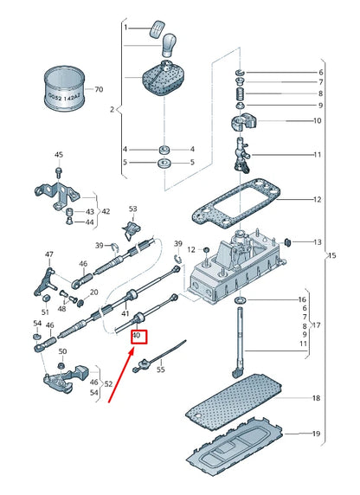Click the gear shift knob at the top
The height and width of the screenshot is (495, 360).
169,45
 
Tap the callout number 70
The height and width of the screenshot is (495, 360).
99,89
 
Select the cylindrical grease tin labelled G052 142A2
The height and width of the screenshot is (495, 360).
65,89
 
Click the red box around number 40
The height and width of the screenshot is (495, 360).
139,337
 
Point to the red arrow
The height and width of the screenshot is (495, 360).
122,375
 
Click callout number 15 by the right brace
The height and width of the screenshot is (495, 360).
332,255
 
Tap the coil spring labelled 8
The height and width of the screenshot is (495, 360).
241,93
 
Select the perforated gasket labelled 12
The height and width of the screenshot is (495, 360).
236,205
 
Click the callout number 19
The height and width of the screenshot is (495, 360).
316,434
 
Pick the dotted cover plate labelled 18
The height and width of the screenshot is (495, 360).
234,401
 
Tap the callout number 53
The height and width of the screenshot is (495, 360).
133,209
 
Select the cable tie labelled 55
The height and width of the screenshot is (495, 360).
159,357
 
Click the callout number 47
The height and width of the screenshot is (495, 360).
49,254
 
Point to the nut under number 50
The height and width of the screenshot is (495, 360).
61,366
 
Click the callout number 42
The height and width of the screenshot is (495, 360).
106,211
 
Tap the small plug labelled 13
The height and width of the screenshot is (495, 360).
287,242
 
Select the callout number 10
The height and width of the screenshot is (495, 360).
317,120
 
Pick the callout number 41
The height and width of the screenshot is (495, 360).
125,313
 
